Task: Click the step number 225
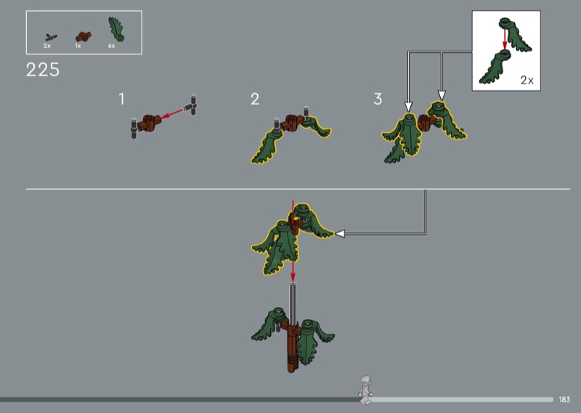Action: (x=43, y=70)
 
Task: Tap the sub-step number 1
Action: (x=121, y=99)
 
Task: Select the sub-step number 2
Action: (x=255, y=99)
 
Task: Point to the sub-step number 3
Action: (x=378, y=99)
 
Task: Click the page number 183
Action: (x=564, y=400)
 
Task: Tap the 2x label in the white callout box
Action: (x=527, y=80)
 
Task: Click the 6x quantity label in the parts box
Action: (x=112, y=46)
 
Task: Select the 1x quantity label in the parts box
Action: (x=78, y=46)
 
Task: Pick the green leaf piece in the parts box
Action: (x=116, y=29)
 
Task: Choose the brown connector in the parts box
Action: (x=84, y=36)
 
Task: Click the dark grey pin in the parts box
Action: (x=51, y=38)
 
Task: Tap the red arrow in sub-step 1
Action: (x=173, y=113)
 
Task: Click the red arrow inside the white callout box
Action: (x=504, y=39)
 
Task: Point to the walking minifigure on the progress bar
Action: (x=365, y=390)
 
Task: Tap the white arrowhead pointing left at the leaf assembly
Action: (x=340, y=233)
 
